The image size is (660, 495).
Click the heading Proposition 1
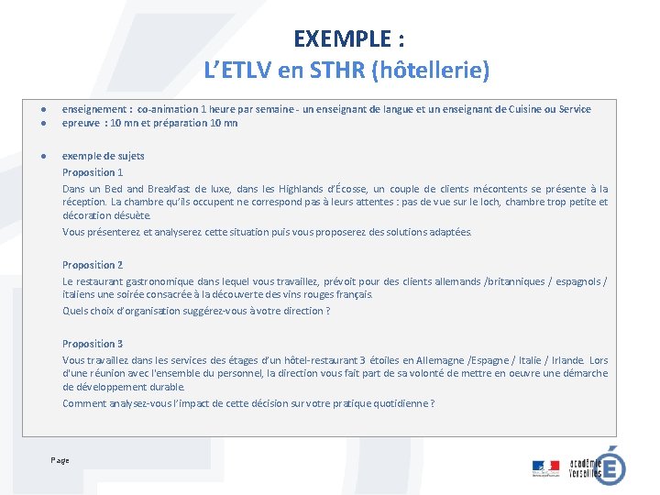93,172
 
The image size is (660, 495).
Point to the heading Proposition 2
93,265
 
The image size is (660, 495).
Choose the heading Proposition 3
93,344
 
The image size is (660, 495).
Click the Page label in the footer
60,460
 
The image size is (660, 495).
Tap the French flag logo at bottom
545,467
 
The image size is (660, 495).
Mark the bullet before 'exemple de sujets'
43,156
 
